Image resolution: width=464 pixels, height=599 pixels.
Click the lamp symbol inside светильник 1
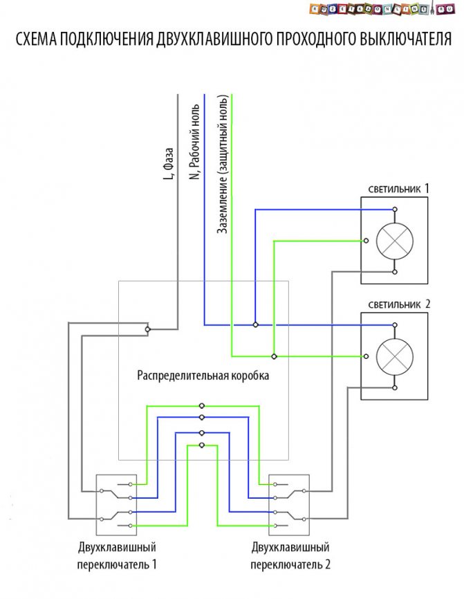point(394,241)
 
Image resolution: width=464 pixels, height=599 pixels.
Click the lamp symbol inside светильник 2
point(394,357)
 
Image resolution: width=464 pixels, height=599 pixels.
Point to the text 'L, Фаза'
point(168,164)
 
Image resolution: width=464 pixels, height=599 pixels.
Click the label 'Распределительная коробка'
point(203,376)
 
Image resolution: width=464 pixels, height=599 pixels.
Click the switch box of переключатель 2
point(289,504)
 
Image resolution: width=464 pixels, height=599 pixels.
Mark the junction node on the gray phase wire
point(148,330)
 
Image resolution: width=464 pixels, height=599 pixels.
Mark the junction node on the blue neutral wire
point(255,324)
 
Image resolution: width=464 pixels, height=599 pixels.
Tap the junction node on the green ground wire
point(274,356)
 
